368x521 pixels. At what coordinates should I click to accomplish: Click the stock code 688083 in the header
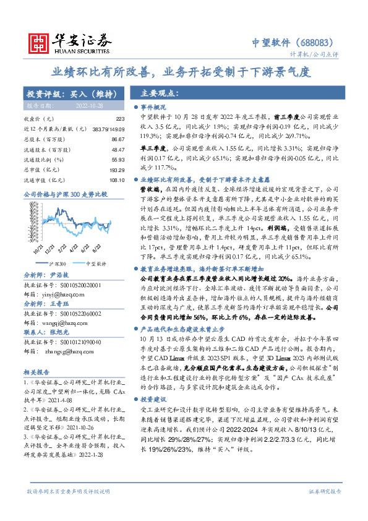coord(318,43)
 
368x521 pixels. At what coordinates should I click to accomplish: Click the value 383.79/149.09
coord(109,127)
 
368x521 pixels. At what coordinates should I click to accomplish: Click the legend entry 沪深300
coord(58,245)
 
